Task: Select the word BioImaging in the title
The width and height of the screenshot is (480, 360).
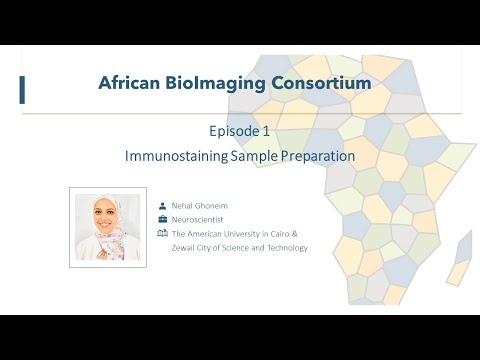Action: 217,83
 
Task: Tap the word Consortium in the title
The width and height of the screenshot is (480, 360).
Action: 318,83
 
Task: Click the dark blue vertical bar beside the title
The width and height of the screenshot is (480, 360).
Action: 22,89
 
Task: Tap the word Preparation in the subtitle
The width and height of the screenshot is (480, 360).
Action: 318,157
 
